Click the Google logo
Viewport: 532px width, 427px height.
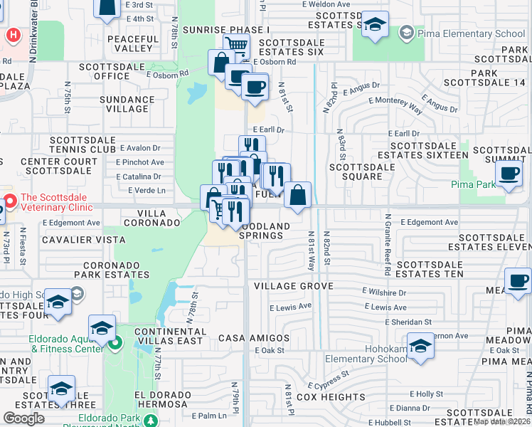click(x=23, y=418)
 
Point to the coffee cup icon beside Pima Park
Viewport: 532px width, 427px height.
click(x=509, y=175)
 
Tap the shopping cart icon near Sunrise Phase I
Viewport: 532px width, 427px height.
click(x=236, y=46)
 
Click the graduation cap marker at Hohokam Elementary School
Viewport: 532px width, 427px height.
click(x=420, y=347)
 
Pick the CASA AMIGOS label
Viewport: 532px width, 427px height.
click(x=254, y=337)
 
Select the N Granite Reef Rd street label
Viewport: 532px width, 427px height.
click(x=388, y=244)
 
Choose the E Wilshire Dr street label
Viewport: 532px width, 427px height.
click(x=384, y=292)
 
